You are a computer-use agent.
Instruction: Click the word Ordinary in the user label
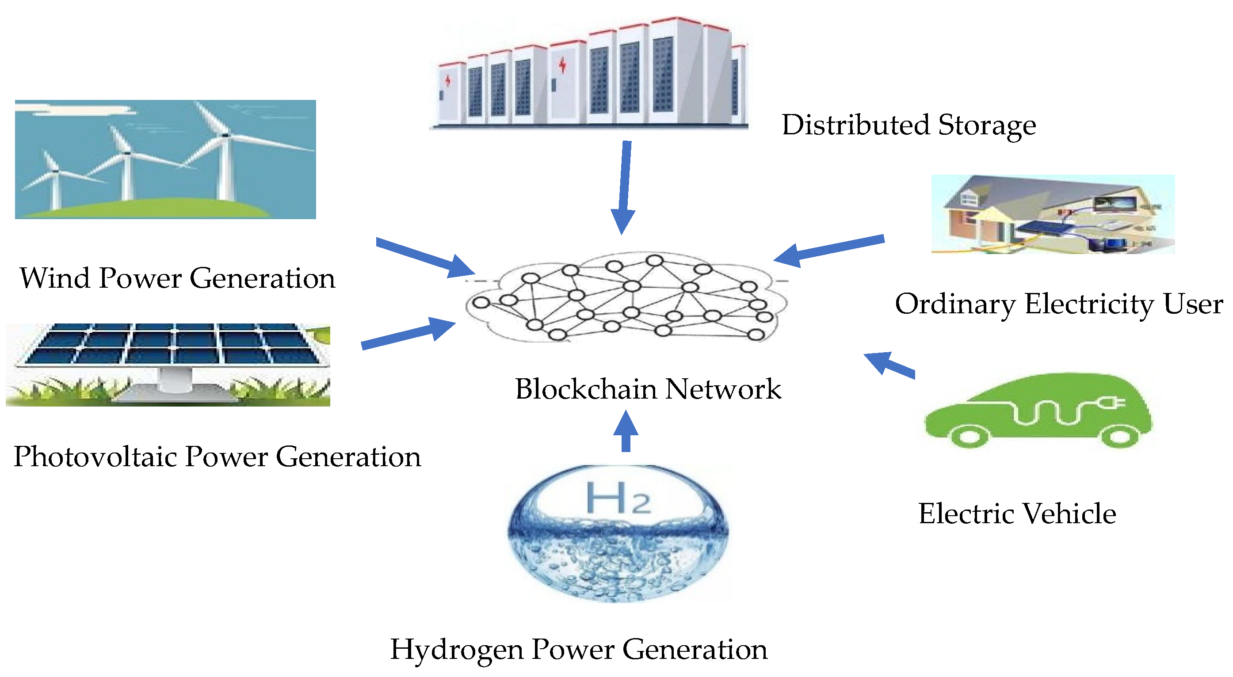pyautogui.click(x=954, y=304)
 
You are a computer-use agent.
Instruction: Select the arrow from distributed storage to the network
pyautogui.click(x=624, y=186)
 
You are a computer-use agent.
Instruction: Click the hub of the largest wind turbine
pyautogui.click(x=225, y=135)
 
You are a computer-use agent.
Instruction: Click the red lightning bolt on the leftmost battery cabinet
pyautogui.click(x=448, y=80)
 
